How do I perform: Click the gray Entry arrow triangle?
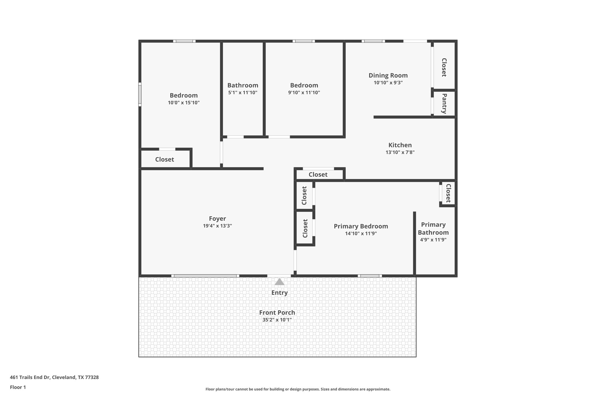[279, 282]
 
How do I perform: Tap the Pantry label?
[444, 103]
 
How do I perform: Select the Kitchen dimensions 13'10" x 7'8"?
[400, 152]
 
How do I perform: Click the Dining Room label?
[388, 75]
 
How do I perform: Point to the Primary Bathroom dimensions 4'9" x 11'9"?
[433, 240]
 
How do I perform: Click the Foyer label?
[217, 218]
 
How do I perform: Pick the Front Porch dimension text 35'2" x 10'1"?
[277, 320]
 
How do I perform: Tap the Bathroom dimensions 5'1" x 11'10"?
[243, 92]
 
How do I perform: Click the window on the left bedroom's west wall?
[140, 94]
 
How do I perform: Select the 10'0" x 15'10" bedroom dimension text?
[184, 103]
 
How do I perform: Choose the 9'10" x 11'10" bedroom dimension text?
[304, 92]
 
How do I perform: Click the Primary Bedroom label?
[361, 226]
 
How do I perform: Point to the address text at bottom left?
[54, 377]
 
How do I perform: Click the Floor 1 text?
[18, 387]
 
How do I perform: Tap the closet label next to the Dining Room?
[444, 67]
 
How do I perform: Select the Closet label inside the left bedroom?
[164, 159]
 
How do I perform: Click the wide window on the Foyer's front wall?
[205, 276]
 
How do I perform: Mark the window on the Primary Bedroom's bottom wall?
[370, 276]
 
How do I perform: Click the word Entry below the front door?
[279, 293]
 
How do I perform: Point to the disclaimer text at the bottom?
[298, 389]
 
